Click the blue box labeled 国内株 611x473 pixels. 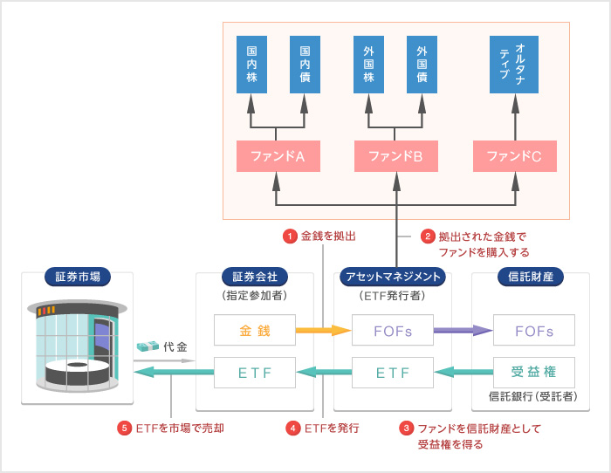[251, 65]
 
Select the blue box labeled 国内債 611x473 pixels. [305, 65]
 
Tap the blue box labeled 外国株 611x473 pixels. [368, 65]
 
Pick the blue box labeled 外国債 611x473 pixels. [422, 65]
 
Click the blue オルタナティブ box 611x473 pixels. [514, 65]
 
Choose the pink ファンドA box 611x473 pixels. [277, 157]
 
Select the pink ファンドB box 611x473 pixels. [395, 157]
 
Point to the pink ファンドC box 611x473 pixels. [514, 157]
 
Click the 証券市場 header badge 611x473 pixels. [77, 277]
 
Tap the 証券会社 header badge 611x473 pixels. [255, 277]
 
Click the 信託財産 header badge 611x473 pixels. [531, 277]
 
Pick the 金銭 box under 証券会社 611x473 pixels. [255, 331]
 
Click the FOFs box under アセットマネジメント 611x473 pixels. [393, 331]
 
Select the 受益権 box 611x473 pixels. [533, 373]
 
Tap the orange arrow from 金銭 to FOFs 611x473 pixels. [322, 331]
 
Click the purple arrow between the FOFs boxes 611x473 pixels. [463, 331]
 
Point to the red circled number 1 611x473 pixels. [289, 236]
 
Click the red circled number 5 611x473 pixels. [124, 428]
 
